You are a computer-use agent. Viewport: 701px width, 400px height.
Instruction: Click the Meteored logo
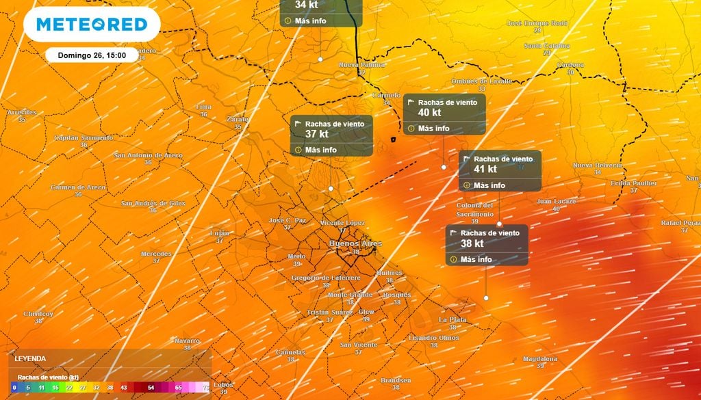tap(92, 25)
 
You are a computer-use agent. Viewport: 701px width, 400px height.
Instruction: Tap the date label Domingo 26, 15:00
tap(87, 55)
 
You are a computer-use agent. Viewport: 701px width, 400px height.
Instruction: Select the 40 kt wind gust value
tap(429, 113)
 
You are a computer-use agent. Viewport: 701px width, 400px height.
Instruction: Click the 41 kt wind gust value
tap(485, 170)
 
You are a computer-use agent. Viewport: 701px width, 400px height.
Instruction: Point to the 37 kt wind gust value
tap(317, 134)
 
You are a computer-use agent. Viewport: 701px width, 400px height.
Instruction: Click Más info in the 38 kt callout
tap(476, 260)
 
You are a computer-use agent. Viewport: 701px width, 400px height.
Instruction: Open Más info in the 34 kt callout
tap(310, 21)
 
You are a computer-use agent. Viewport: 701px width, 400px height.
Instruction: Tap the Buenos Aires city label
tap(355, 243)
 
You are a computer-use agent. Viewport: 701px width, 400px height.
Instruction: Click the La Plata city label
tap(453, 319)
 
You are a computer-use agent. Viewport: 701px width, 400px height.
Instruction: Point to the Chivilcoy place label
tap(38, 313)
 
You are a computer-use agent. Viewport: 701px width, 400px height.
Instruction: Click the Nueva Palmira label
tap(362, 65)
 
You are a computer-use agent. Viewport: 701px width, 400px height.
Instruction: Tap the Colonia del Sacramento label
tap(475, 209)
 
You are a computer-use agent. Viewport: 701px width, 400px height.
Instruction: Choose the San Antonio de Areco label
tap(149, 155)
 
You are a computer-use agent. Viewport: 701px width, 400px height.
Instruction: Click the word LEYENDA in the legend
tap(31, 358)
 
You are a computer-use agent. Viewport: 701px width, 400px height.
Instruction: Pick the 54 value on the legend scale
tap(151, 387)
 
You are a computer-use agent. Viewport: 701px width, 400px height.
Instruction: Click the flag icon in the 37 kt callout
tap(298, 124)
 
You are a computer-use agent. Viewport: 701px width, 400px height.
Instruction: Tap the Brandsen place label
tap(396, 380)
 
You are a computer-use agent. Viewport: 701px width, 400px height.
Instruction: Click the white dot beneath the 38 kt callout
tap(486, 298)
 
